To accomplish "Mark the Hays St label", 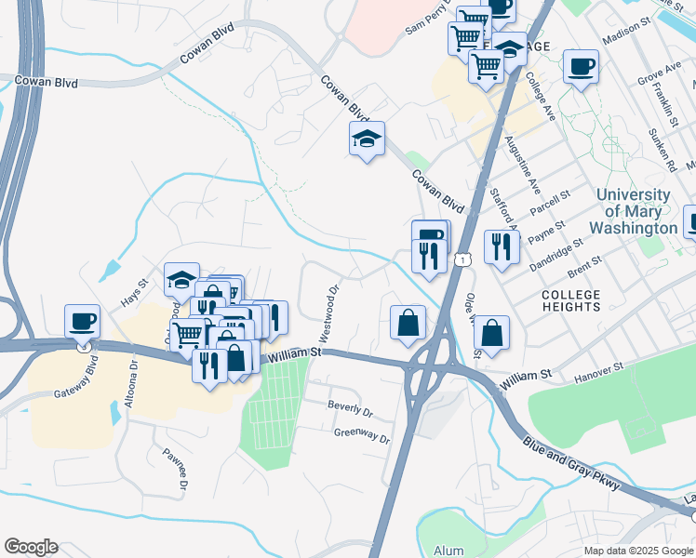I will tap(135, 295).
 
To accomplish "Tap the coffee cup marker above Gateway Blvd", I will tap(83, 321).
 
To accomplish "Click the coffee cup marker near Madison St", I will tap(582, 66).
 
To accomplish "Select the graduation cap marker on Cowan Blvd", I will tap(367, 140).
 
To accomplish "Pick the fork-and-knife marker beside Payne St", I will tap(502, 246).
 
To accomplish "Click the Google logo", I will tap(31, 546).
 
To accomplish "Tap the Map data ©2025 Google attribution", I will tap(637, 551).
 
